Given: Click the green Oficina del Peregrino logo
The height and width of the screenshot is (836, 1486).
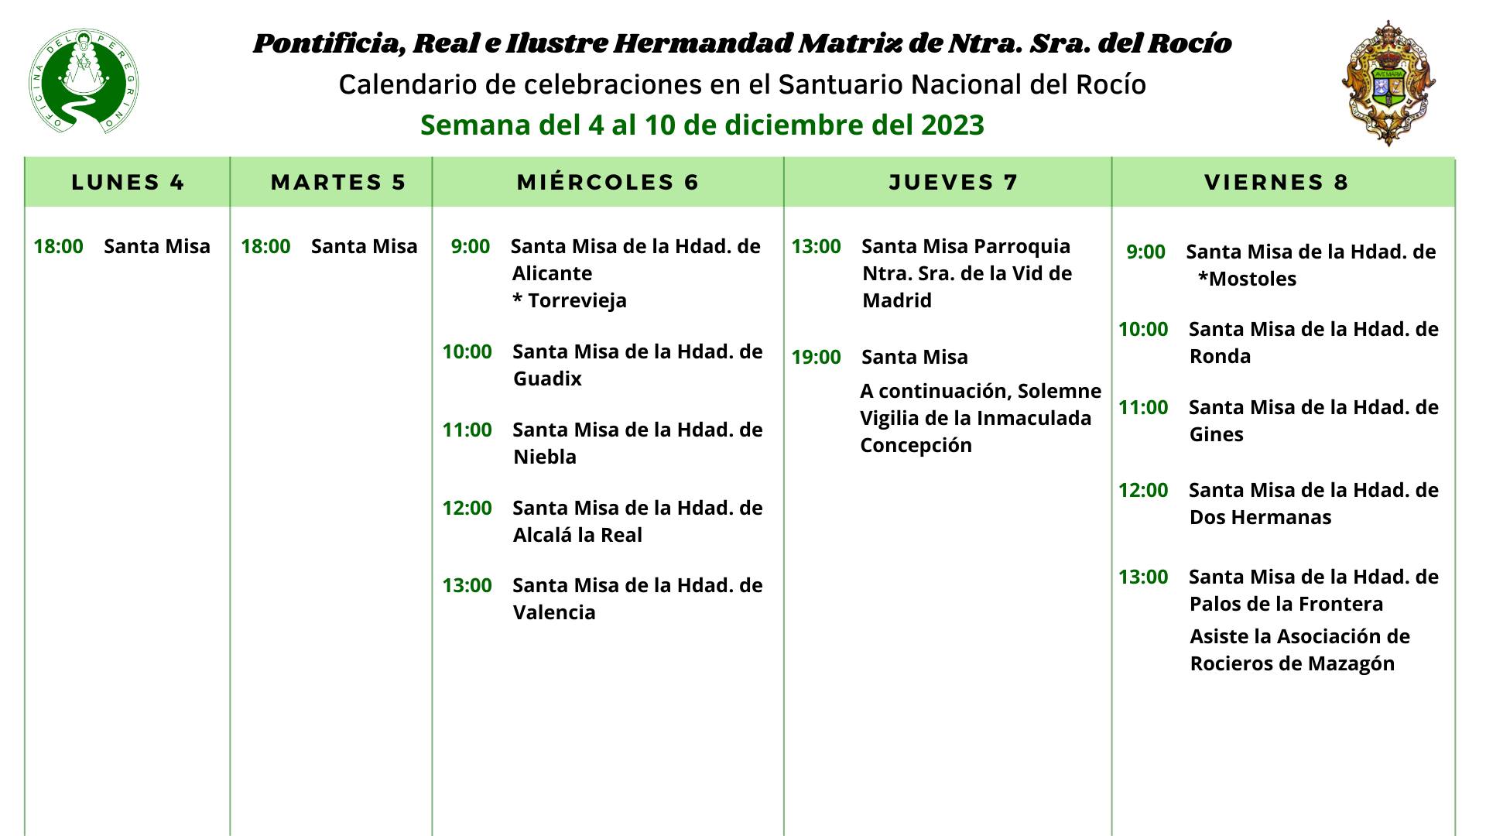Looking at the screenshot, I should point(84,81).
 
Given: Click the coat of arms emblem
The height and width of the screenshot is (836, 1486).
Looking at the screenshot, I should point(1388,83).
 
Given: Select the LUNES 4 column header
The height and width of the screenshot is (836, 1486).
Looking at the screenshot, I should point(128,183).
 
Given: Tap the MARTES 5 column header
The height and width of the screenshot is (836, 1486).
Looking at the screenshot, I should point(338,183).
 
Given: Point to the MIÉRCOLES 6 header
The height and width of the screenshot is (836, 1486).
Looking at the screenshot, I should point(608,183).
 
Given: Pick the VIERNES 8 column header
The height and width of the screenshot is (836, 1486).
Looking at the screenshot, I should point(1277,183).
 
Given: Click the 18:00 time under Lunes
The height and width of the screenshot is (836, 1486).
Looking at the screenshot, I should point(58,247).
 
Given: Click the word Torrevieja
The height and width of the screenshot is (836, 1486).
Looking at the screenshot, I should point(577,301).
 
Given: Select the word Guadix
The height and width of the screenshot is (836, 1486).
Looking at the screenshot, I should point(547,379).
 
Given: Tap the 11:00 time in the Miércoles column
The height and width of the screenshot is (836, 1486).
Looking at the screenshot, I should point(467,430).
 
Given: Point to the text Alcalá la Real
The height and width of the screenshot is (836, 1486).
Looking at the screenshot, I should point(577,536).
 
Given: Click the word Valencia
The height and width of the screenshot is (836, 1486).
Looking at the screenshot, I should point(554,613).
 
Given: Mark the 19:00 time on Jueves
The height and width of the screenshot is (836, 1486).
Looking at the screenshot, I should point(816,358).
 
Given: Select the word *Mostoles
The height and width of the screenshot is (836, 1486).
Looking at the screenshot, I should point(1247,279).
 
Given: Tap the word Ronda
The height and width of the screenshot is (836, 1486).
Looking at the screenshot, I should point(1220,357).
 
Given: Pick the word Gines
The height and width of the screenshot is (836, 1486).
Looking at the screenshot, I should point(1216,435).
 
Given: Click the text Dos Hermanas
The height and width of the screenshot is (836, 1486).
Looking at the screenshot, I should point(1260,518).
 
